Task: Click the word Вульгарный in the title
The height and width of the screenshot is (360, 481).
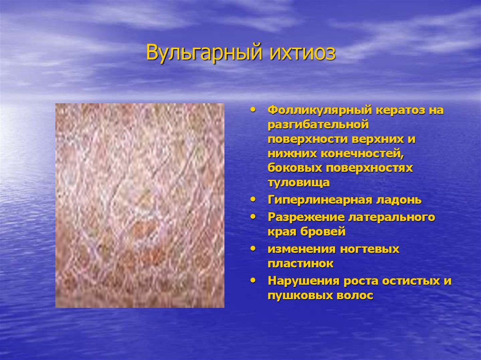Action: point(204,53)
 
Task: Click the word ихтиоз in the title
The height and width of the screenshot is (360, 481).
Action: point(303,53)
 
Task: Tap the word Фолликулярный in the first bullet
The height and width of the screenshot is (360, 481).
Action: point(319,110)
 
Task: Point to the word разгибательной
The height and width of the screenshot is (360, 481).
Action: point(318,124)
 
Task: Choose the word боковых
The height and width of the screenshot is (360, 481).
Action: point(295,168)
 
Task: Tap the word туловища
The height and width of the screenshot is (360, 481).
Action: point(298,183)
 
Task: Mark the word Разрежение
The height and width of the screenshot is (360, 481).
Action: point(306,217)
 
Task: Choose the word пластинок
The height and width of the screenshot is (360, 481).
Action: point(300,263)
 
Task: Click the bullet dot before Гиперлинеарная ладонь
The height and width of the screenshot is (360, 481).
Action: point(253,200)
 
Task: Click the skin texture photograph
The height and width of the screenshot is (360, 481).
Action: point(140,206)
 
